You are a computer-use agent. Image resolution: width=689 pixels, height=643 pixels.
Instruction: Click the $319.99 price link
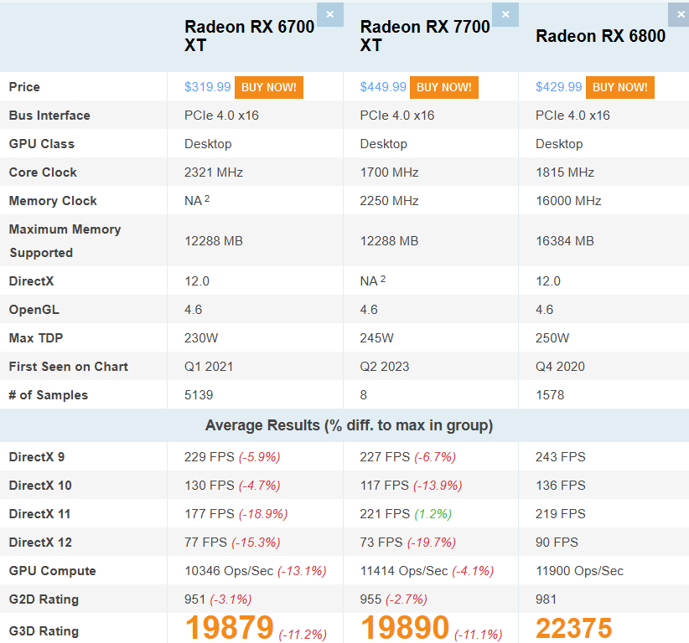point(207,87)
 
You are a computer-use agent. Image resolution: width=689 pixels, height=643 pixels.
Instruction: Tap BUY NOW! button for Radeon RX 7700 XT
point(443,87)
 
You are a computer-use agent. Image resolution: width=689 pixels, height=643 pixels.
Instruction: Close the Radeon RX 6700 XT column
point(329,14)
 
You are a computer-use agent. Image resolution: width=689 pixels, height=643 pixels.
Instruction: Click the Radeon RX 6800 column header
point(600,35)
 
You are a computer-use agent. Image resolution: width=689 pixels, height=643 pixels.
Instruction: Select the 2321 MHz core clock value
point(214,172)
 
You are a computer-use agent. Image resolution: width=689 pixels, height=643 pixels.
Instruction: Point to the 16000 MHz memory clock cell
point(568,201)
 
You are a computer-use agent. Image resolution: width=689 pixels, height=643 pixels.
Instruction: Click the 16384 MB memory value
point(564,241)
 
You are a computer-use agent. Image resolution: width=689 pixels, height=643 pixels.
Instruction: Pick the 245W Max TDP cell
point(376,338)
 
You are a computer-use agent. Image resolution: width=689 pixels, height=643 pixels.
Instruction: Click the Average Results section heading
point(349,425)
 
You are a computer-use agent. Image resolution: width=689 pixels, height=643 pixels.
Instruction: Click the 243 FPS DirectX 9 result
point(560,457)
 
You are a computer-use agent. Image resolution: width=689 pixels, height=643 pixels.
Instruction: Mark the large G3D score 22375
point(574,628)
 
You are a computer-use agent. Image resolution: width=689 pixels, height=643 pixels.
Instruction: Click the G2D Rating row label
point(44,599)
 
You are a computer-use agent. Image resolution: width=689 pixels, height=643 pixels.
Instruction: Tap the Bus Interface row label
point(49,116)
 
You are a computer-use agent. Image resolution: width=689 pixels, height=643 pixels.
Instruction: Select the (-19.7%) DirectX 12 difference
point(432,543)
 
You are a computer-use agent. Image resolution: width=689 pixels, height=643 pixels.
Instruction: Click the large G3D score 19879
point(229,628)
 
